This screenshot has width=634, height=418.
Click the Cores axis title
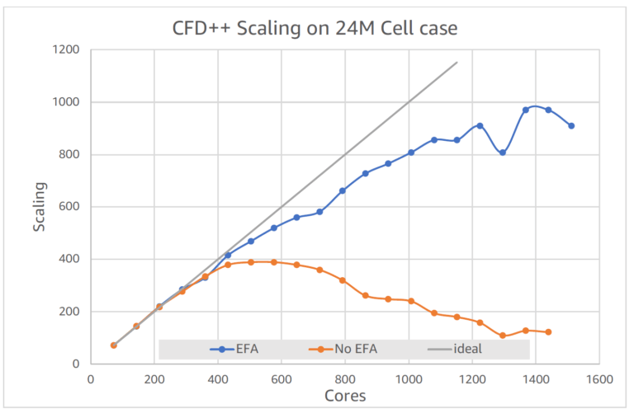point(345,396)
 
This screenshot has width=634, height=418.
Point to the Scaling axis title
point(40,207)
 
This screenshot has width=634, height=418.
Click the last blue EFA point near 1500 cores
point(571,126)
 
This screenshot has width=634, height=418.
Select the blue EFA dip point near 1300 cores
point(502,153)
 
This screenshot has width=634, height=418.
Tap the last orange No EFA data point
point(548,331)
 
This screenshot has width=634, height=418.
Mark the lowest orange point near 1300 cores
point(502,336)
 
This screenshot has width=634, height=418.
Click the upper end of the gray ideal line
point(457,62)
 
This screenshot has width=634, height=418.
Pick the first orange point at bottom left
point(114,345)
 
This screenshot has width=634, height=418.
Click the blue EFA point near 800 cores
point(342,190)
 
